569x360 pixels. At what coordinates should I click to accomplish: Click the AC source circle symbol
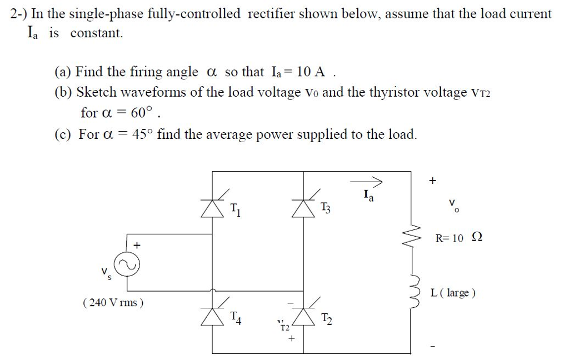click(127, 264)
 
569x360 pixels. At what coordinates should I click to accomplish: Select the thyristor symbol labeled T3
click(303, 209)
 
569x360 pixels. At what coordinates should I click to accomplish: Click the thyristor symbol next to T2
click(303, 317)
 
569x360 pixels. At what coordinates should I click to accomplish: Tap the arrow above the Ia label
click(366, 181)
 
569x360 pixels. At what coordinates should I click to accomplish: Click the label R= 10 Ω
click(459, 238)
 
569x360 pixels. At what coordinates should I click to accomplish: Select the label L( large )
click(453, 293)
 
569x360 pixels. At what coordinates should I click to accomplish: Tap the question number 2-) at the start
click(20, 13)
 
